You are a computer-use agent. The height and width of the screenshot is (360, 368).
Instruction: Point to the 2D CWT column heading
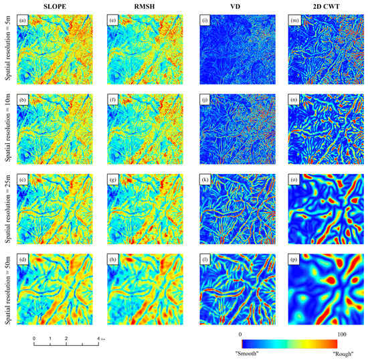pos(319,6)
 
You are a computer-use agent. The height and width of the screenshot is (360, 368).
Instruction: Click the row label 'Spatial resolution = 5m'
pos(7,52)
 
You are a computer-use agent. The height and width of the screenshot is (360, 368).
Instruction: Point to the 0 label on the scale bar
pos(34,339)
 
